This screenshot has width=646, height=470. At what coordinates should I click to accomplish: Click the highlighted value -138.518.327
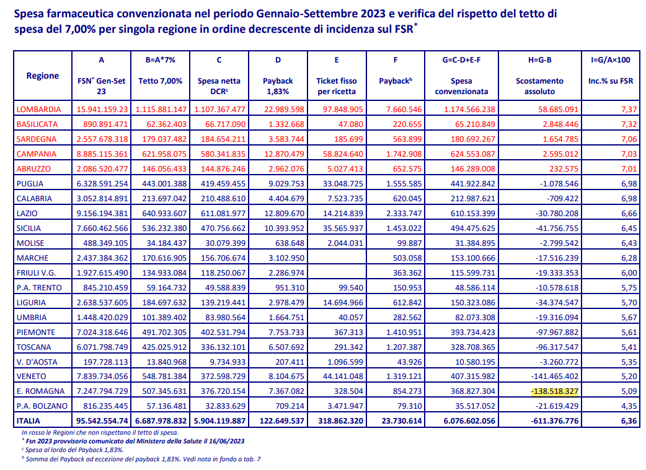[554, 391]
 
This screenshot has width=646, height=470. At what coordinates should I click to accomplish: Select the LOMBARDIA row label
[38, 110]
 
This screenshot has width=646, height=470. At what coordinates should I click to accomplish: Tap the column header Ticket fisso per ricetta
[337, 86]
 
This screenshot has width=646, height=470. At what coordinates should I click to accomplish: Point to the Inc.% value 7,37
[629, 110]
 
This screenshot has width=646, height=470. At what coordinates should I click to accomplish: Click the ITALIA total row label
[29, 420]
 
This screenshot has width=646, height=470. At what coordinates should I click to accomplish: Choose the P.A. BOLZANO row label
[42, 406]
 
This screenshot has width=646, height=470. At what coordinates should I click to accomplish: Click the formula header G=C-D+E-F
[461, 59]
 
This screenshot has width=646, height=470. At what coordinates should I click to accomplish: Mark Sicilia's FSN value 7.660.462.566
[102, 228]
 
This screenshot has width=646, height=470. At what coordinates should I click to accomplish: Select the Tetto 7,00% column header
[161, 81]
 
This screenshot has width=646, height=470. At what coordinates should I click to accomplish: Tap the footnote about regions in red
[100, 433]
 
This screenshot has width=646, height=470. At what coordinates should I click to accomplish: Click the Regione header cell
[42, 76]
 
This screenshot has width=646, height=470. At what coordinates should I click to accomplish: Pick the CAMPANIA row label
[36, 154]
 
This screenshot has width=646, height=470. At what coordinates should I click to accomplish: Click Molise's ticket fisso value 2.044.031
[345, 243]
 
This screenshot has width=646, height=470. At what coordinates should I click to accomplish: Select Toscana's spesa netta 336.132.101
[223, 347]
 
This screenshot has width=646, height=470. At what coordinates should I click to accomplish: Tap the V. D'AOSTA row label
[37, 362]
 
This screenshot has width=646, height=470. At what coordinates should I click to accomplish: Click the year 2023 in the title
[373, 14]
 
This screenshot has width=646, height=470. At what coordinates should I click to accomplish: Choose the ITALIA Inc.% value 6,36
[629, 420]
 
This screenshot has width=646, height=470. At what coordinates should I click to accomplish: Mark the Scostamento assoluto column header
[540, 86]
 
